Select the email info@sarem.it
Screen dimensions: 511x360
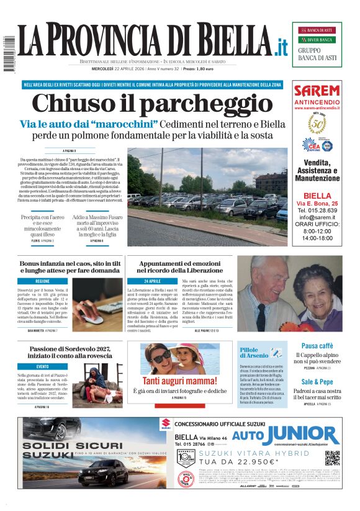(x=317, y=217)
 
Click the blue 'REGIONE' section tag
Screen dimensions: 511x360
(x=42, y=281)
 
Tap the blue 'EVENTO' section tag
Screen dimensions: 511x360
(x=42, y=367)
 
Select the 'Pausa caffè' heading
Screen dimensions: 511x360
(x=317, y=346)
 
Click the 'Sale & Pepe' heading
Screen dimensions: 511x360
(x=317, y=382)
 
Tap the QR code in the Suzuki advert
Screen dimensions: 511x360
(x=333, y=458)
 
